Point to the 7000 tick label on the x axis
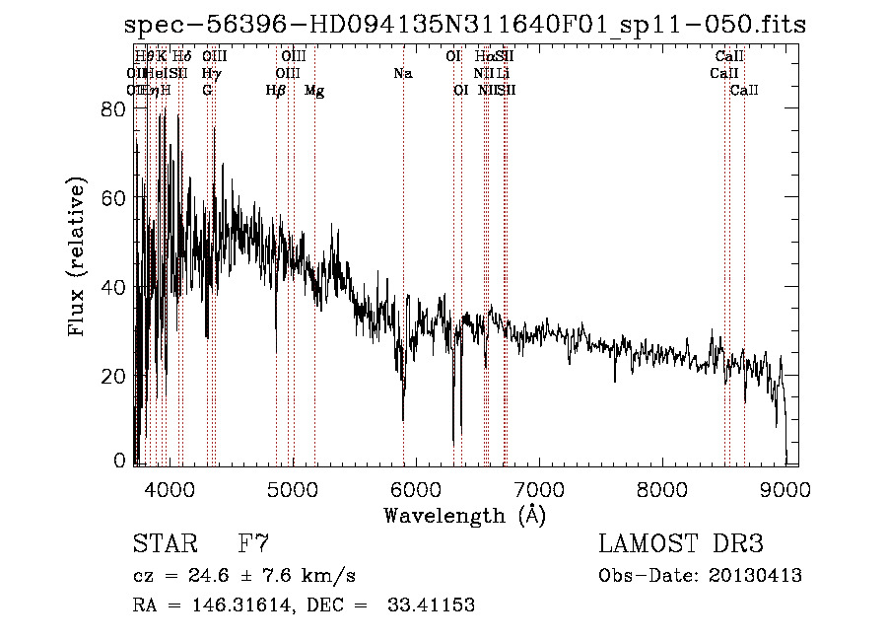pos(539,487)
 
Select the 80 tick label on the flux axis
pos(115,110)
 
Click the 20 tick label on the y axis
pos(115,376)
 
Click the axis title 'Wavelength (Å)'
pos(464,515)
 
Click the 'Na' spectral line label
pos(402,74)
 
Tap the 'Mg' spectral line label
pos(314,91)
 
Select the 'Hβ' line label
pos(276,91)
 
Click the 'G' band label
pos(207,91)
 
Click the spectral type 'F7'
pos(253,543)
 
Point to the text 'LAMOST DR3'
pos(681,543)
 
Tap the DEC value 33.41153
pos(434,605)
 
